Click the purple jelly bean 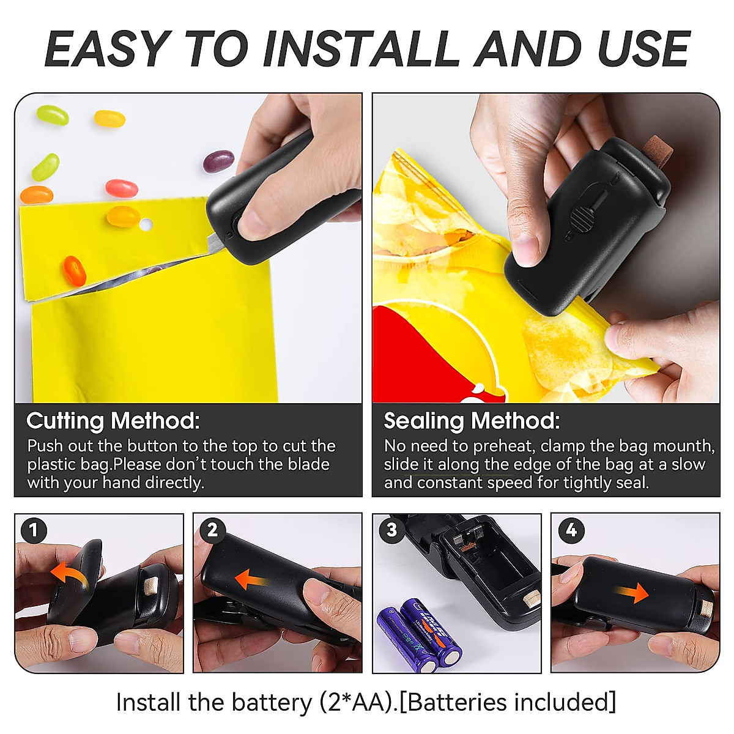point(218,161)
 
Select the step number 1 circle point(34,530)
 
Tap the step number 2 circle point(212,530)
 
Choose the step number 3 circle point(391,530)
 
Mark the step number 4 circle point(571,530)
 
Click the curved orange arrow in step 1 point(69,576)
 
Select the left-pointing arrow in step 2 point(251,579)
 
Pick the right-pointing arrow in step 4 point(632,591)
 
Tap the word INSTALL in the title point(361,49)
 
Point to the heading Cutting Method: point(113,421)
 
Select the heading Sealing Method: point(472,421)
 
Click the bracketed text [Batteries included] point(511,702)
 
